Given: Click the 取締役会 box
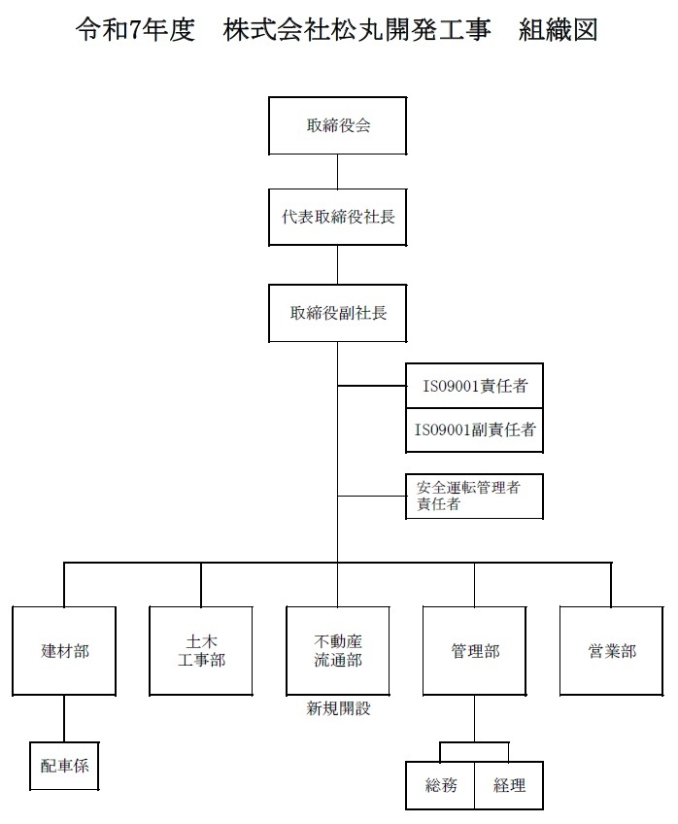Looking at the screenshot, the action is [338, 125].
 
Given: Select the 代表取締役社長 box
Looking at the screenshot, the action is [338, 217].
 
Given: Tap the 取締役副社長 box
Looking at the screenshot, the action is [338, 313].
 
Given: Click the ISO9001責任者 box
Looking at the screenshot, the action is [474, 385].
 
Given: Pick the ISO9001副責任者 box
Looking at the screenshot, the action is [474, 429].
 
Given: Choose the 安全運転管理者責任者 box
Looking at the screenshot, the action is [474, 497].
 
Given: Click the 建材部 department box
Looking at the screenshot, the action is [64, 651].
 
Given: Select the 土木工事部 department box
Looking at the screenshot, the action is [201, 651].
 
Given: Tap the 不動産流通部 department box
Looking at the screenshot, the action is [338, 651].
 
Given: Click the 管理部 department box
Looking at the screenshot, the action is [475, 651].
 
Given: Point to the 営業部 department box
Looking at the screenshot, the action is [611, 651].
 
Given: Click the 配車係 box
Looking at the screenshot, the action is [64, 766].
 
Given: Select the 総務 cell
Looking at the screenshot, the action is [440, 785].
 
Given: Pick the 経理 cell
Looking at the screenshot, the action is [509, 785].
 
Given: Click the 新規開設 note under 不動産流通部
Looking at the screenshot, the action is [338, 708].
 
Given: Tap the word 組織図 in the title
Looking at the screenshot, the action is [558, 29].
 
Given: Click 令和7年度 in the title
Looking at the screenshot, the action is [135, 29].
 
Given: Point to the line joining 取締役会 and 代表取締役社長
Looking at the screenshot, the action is [337, 172].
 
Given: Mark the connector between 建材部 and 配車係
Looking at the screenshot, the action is [64, 719].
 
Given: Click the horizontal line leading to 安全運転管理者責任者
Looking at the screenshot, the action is [372, 497].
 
